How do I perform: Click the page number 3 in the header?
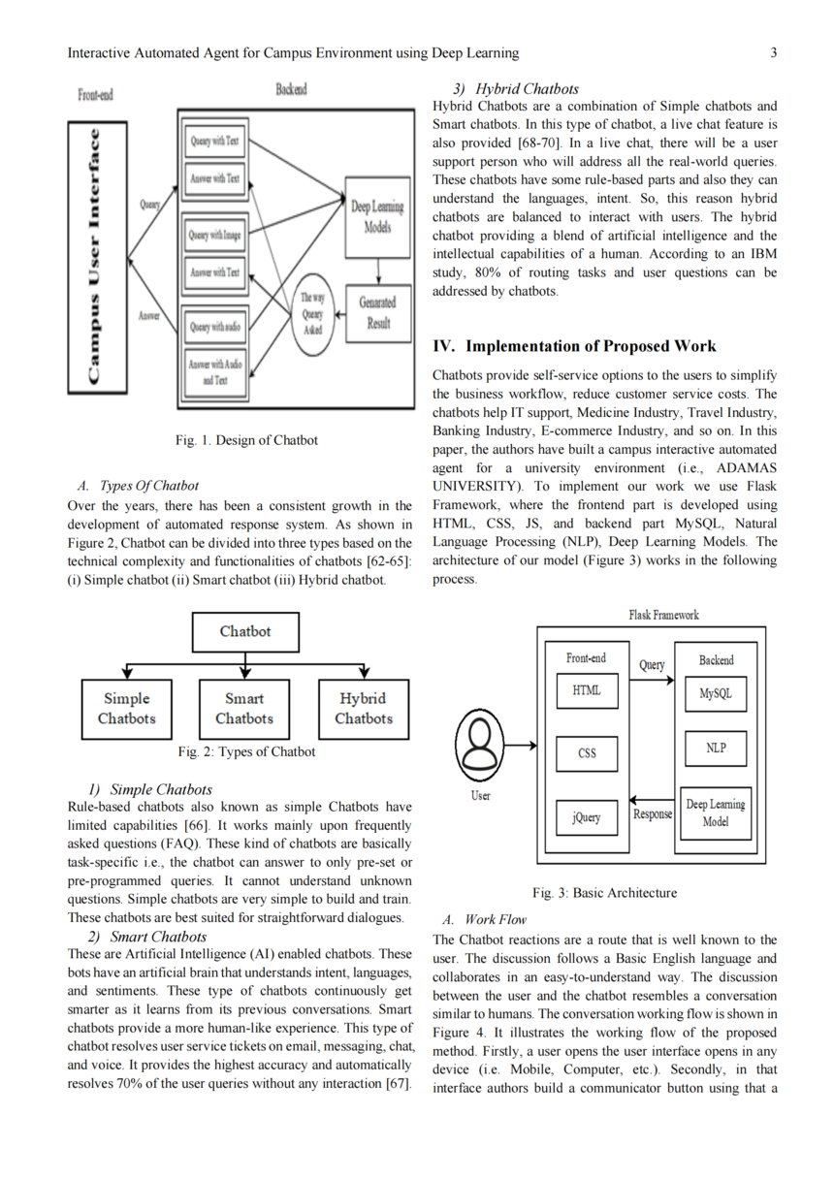click(x=774, y=52)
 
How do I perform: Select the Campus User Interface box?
click(x=97, y=258)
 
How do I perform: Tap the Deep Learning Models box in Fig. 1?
click(x=377, y=217)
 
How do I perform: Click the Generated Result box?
click(x=378, y=314)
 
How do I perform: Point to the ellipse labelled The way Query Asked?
click(x=312, y=314)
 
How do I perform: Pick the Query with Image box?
click(x=215, y=235)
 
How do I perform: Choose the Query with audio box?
click(x=215, y=327)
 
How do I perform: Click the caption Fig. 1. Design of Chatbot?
click(x=246, y=440)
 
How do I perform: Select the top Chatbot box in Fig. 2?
click(x=245, y=631)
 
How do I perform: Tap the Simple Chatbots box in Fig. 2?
click(x=126, y=709)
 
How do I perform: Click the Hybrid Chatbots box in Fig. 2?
click(x=364, y=709)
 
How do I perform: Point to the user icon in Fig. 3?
click(x=480, y=745)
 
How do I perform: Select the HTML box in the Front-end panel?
click(x=587, y=691)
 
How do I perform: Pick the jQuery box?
click(x=587, y=817)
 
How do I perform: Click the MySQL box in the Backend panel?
click(x=716, y=693)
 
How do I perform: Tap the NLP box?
click(x=716, y=748)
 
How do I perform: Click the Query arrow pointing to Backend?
click(x=652, y=680)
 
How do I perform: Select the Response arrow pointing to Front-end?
click(x=652, y=800)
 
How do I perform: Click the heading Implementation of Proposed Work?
click(x=591, y=346)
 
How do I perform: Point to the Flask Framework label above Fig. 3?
click(x=664, y=615)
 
